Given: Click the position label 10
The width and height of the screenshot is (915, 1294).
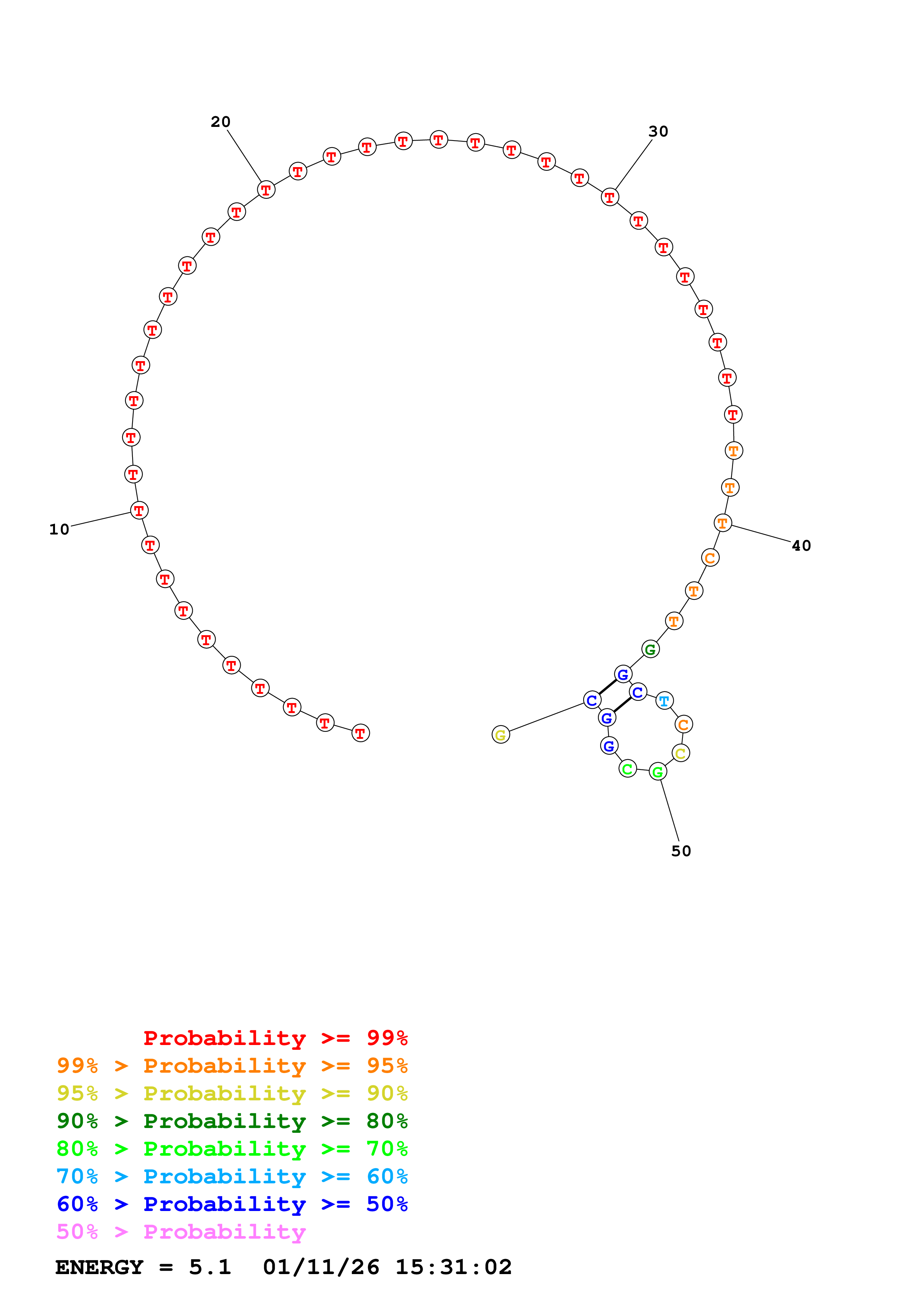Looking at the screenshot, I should pyautogui.click(x=59, y=529).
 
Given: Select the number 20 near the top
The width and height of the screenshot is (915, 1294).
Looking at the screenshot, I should pyautogui.click(x=220, y=122).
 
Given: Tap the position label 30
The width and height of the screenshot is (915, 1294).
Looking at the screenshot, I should pyautogui.click(x=658, y=131).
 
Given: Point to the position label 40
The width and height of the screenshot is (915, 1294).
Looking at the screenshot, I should pyautogui.click(x=801, y=546).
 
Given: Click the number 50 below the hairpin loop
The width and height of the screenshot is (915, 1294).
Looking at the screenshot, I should pyautogui.click(x=681, y=851).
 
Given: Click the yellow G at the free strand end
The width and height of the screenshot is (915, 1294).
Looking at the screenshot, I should pyautogui.click(x=501, y=735).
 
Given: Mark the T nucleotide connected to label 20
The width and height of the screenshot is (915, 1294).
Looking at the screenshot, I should pyautogui.click(x=266, y=190).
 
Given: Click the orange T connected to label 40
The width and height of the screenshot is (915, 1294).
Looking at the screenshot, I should pyautogui.click(x=723, y=523).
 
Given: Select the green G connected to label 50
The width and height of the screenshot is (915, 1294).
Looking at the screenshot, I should pyautogui.click(x=658, y=772).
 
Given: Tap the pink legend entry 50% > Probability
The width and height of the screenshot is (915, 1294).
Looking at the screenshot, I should pyautogui.click(x=180, y=1232).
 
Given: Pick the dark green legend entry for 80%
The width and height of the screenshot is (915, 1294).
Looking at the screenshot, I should pyautogui.click(x=232, y=1121).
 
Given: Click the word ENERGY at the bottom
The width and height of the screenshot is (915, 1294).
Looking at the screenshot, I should pyautogui.click(x=99, y=1267).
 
